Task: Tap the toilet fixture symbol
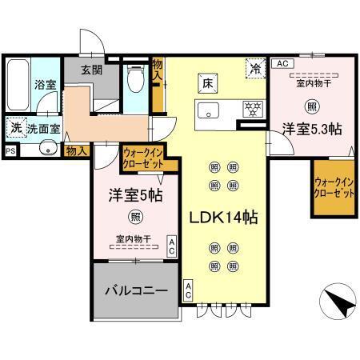pyautogui.click(x=135, y=79)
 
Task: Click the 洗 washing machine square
pyautogui.click(x=15, y=126)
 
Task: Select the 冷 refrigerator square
pyautogui.click(x=255, y=69)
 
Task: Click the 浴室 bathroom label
pyautogui.click(x=43, y=83)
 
